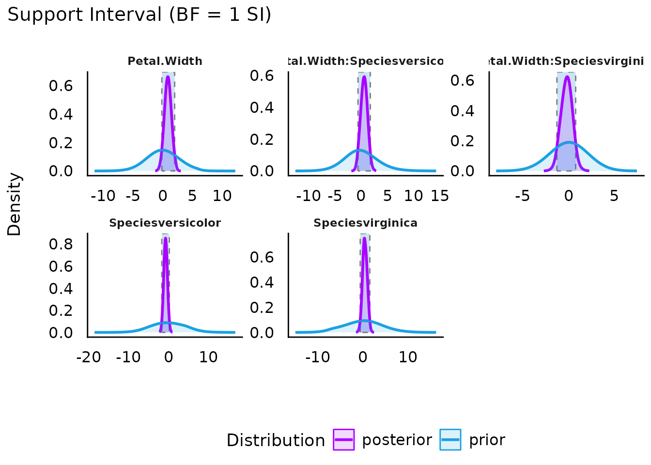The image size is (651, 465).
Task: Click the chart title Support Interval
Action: pyautogui.click(x=139, y=15)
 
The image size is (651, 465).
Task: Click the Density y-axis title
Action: pyautogui.click(x=15, y=204)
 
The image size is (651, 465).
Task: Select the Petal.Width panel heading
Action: pyautogui.click(x=165, y=61)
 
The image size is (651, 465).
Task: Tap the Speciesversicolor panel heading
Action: pyautogui.click(x=165, y=223)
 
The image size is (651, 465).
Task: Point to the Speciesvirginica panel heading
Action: pyautogui.click(x=365, y=223)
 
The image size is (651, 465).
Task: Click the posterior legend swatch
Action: pyautogui.click(x=344, y=440)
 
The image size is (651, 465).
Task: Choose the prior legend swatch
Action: pyautogui.click(x=450, y=440)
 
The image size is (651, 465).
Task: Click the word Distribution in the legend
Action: pyautogui.click(x=276, y=440)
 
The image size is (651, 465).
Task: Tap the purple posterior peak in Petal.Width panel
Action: pyautogui.click(x=168, y=77)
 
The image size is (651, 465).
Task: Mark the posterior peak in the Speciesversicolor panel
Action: pyautogui.click(x=166, y=238)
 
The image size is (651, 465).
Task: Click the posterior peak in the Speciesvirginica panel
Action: pyautogui.click(x=364, y=238)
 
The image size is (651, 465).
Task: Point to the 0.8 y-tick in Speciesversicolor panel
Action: pyautogui.click(x=61, y=244)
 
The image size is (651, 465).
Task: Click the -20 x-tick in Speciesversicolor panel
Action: pyautogui.click(x=89, y=357)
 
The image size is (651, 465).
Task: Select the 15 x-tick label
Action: pyautogui.click(x=439, y=196)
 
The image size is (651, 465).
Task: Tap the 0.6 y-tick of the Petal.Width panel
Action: pyautogui.click(x=61, y=86)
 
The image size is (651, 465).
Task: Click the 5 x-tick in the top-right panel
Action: pyautogui.click(x=614, y=196)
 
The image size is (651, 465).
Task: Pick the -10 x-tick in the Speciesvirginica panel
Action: pyautogui.click(x=318, y=357)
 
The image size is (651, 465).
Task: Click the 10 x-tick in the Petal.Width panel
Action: pyautogui.click(x=222, y=196)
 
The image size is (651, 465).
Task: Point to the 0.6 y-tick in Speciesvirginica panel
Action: pyautogui.click(x=262, y=257)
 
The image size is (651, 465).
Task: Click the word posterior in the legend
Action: pyautogui.click(x=397, y=440)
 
